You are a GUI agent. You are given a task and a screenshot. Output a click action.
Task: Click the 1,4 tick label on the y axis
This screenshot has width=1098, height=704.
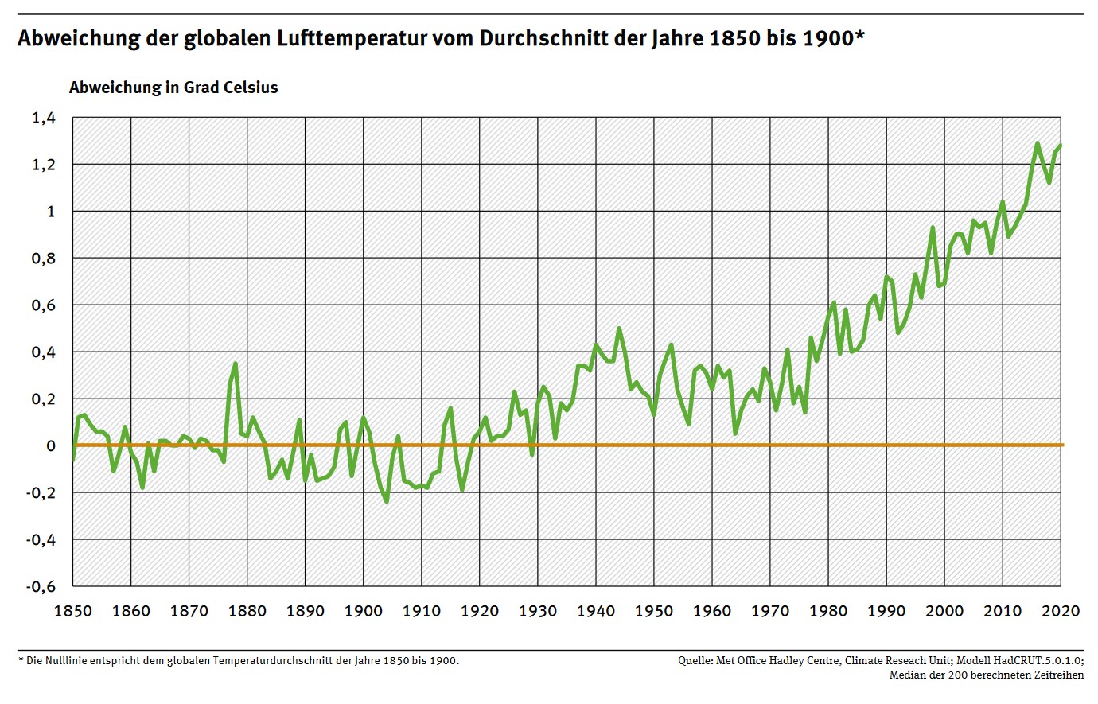tap(44, 118)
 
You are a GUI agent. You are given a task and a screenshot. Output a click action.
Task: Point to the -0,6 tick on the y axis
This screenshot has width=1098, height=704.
tap(41, 586)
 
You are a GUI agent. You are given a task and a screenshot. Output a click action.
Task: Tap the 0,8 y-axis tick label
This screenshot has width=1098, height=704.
tap(44, 259)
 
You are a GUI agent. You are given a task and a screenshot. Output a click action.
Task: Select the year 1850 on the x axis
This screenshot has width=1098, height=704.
tap(72, 611)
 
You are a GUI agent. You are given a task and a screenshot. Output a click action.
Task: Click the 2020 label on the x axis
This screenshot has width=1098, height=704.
tap(1061, 611)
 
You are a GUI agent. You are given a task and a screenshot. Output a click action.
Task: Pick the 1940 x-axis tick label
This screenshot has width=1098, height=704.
tap(596, 611)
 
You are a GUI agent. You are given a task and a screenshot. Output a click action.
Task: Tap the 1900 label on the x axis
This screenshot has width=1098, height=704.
tap(364, 611)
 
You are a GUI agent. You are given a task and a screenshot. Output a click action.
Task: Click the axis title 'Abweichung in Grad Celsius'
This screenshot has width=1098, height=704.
tap(173, 88)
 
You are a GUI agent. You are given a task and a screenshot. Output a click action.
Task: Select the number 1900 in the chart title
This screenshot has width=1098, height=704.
tap(827, 38)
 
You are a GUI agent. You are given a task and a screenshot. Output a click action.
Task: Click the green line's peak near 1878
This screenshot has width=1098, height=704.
tap(236, 364)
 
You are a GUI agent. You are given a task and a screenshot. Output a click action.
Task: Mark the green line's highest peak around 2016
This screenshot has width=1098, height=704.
tap(1038, 143)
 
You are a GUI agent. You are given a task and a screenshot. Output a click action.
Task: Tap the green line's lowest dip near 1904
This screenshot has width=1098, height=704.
tap(387, 501)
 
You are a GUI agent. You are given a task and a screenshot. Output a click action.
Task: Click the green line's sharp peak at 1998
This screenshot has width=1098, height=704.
tap(933, 228)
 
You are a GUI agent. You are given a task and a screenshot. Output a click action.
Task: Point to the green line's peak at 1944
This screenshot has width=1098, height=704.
tap(619, 329)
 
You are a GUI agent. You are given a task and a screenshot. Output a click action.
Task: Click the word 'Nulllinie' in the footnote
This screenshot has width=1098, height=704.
tap(60, 660)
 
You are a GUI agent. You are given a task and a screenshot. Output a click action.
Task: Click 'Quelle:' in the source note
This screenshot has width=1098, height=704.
tap(695, 660)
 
